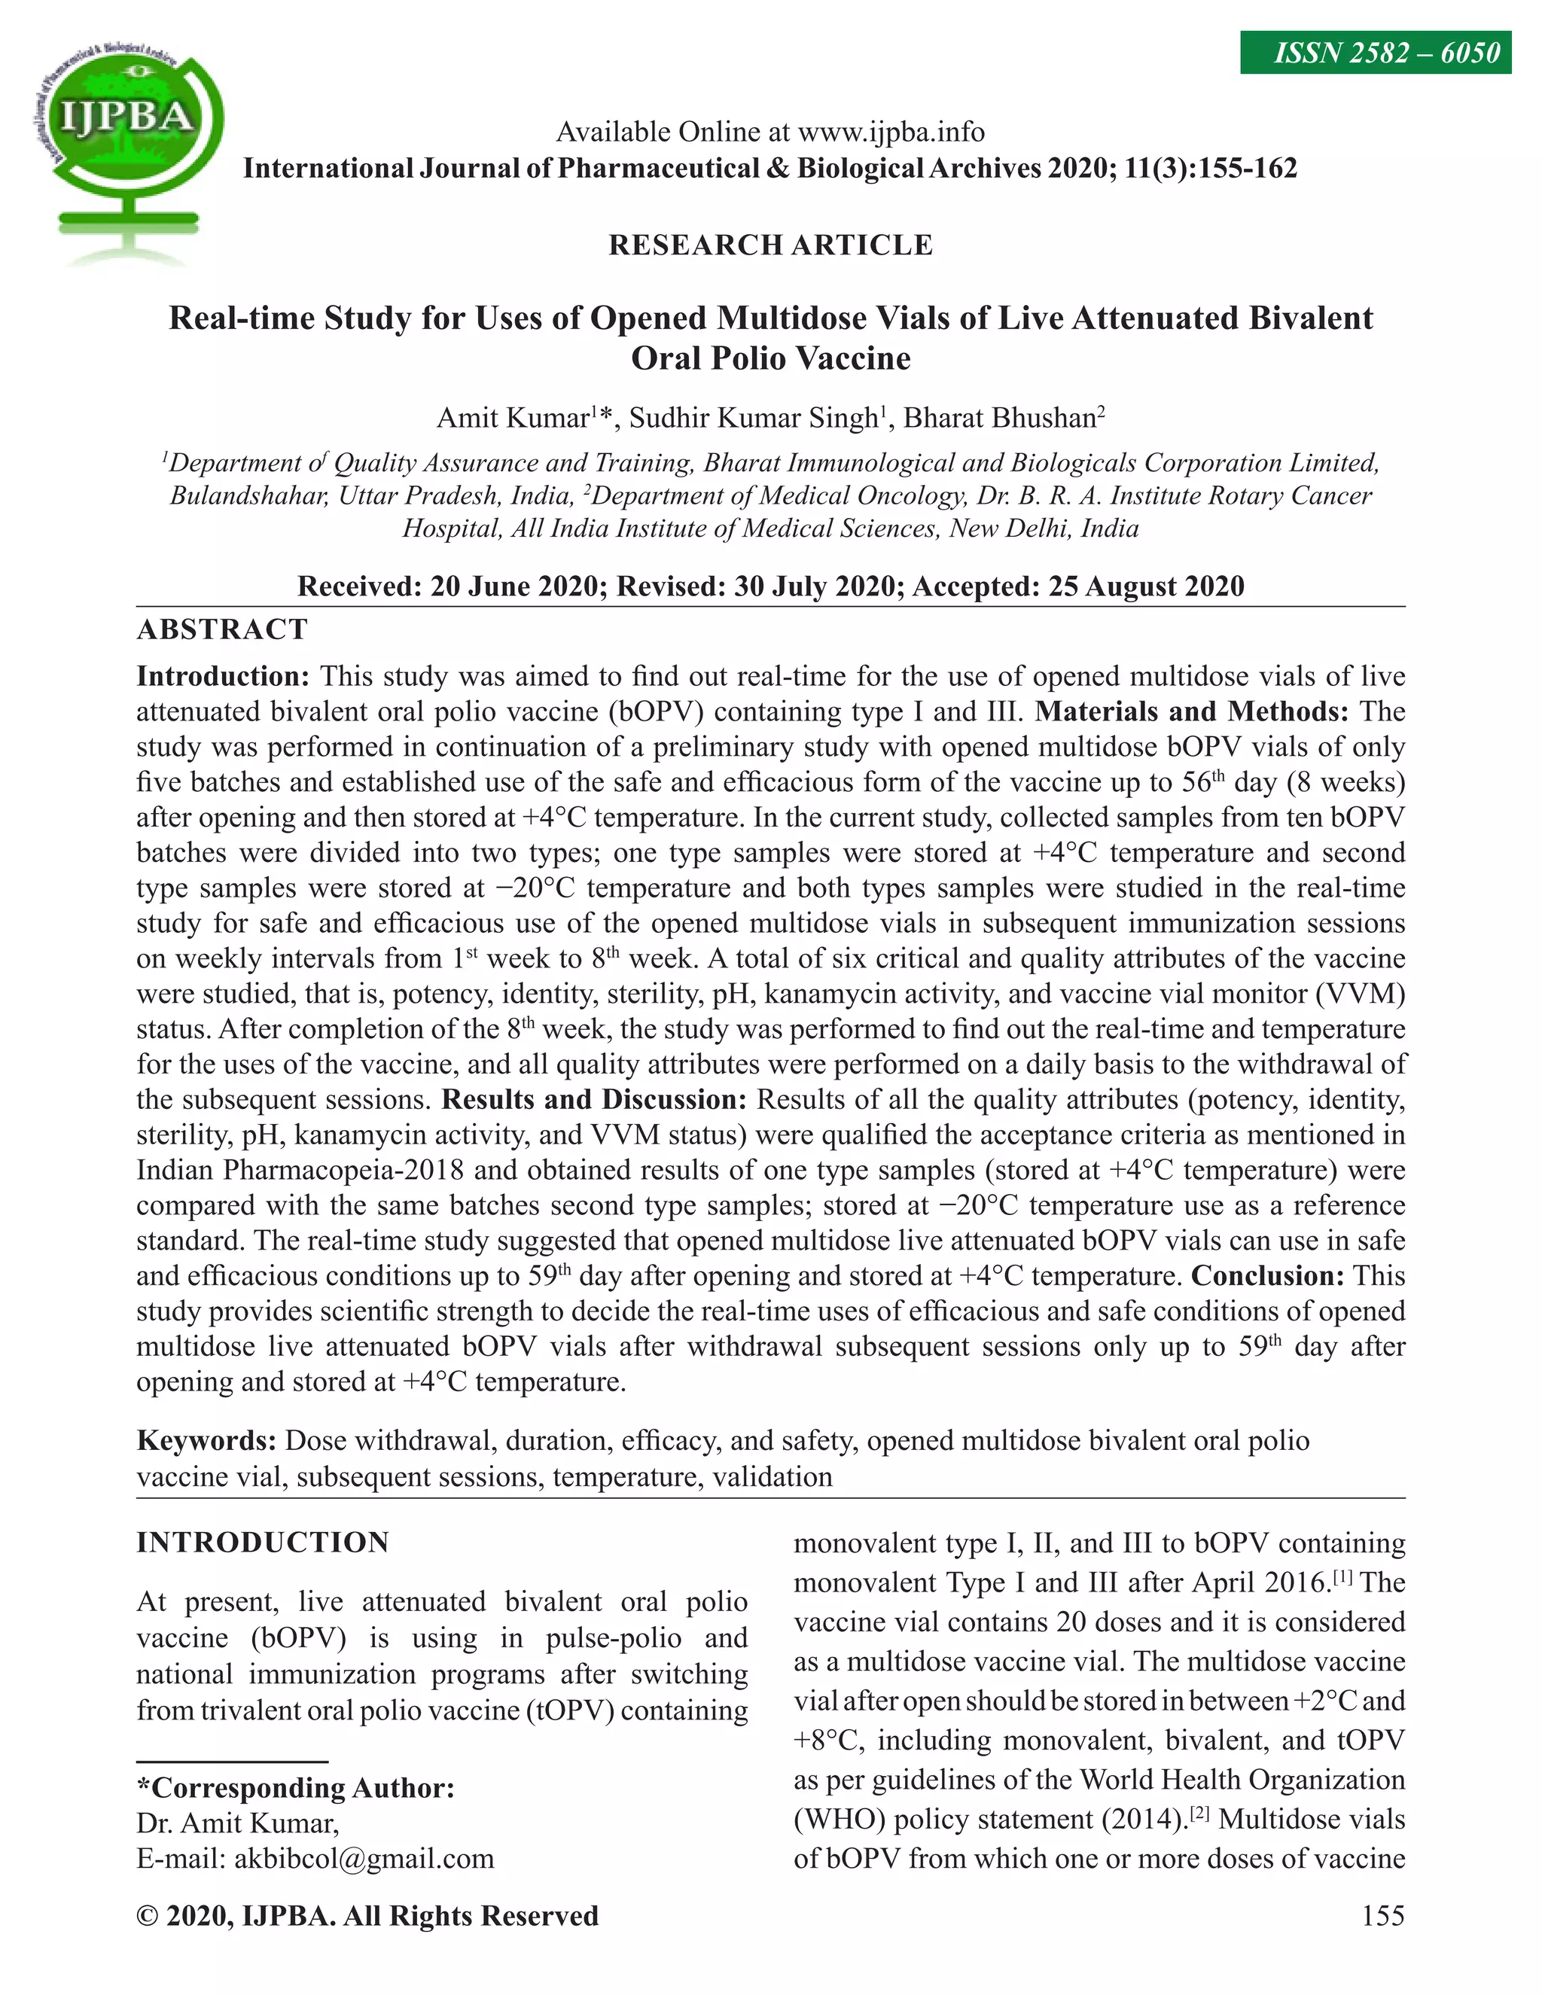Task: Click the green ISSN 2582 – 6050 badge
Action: point(1375,53)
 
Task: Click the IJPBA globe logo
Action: point(127,146)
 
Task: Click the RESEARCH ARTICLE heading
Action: point(770,245)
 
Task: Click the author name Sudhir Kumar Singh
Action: point(753,419)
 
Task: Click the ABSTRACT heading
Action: point(222,629)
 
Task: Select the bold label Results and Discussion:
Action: point(594,1099)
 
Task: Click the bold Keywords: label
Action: point(206,1440)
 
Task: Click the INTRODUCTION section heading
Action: point(262,1543)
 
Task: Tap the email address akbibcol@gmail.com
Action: point(364,1858)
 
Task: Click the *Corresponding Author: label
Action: point(295,1788)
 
